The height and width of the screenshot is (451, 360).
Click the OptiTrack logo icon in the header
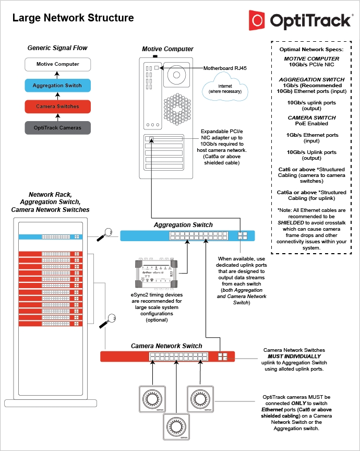tap(258, 20)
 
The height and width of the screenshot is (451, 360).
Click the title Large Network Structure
tap(73, 18)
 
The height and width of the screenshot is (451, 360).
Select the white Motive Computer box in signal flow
tap(58, 64)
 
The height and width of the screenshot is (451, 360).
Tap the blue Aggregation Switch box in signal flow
tap(58, 85)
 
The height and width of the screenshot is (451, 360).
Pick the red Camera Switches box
tap(58, 106)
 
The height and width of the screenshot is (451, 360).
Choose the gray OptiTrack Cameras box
tap(58, 128)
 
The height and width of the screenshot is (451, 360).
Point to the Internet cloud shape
tap(225, 88)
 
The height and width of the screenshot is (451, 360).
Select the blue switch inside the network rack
tap(50, 236)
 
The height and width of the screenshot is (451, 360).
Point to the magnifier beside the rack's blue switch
tap(107, 233)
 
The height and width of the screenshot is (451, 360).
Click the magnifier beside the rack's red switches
tap(110, 319)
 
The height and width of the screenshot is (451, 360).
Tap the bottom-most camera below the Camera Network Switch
tap(177, 426)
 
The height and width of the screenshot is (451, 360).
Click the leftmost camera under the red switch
tap(152, 399)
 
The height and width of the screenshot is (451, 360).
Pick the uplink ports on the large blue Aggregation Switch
tap(243, 235)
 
